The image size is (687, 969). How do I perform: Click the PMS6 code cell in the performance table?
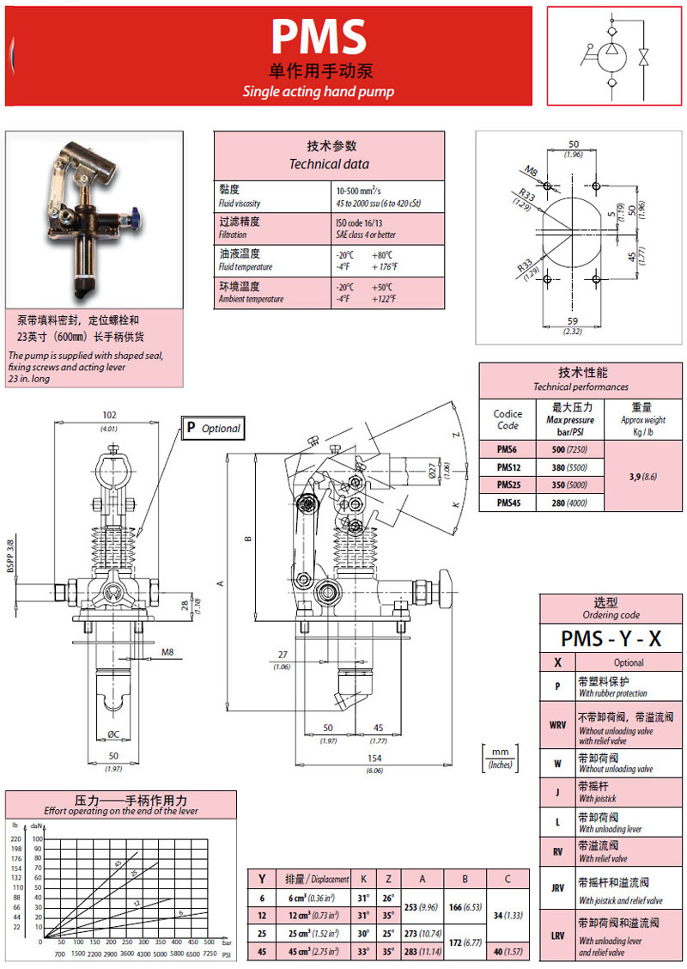[507, 449]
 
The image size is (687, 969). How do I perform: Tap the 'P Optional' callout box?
[212, 428]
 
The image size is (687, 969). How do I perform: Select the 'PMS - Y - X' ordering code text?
[611, 638]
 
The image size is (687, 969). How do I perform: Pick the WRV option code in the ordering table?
[557, 724]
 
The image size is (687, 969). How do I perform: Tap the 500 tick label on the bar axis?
[209, 942]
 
